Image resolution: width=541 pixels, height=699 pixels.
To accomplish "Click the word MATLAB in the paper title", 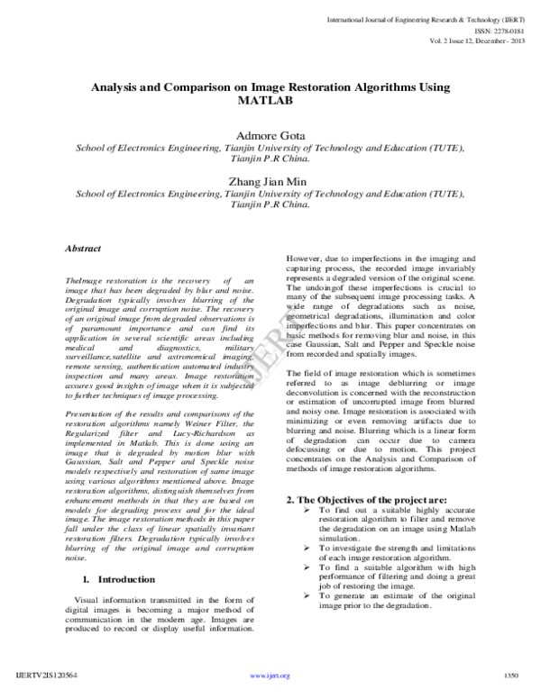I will coord(270,102).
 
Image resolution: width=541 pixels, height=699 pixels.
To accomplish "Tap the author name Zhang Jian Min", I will coord(270,179).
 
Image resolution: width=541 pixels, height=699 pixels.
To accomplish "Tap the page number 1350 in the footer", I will coord(512,675).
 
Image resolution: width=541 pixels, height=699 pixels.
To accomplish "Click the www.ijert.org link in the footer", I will coord(270,676).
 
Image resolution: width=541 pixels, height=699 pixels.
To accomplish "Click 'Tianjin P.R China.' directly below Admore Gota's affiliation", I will coord(270,158).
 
